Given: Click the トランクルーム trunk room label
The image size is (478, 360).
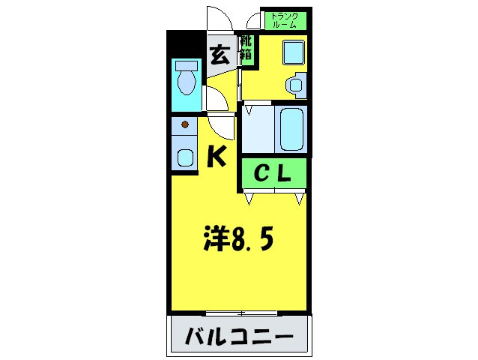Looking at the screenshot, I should tap(284, 20).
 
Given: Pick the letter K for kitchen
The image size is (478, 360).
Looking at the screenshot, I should tap(217, 156).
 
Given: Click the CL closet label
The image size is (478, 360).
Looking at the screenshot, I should tap(274, 174).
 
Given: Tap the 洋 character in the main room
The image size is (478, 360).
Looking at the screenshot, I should tap(217, 241).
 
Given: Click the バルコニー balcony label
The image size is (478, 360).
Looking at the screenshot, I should tap(238, 334).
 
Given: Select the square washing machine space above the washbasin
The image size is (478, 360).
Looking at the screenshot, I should tap(292, 52).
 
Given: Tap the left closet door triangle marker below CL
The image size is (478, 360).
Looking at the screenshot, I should tap(249, 198).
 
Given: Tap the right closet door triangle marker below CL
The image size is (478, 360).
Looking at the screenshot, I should tap(299, 198).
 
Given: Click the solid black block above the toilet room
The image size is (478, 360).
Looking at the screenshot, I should tap(184, 45).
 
